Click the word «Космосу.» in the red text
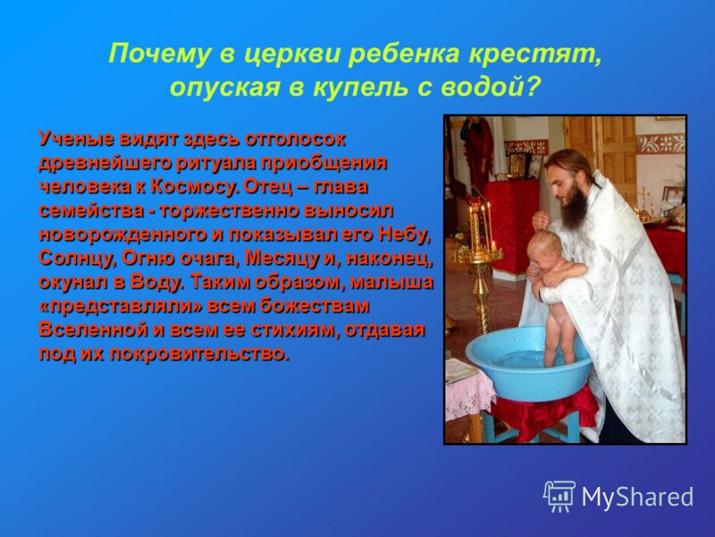tap(195, 187)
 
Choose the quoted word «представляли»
tap(121, 306)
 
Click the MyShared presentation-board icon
tap(559, 496)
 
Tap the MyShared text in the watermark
tap(637, 497)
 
